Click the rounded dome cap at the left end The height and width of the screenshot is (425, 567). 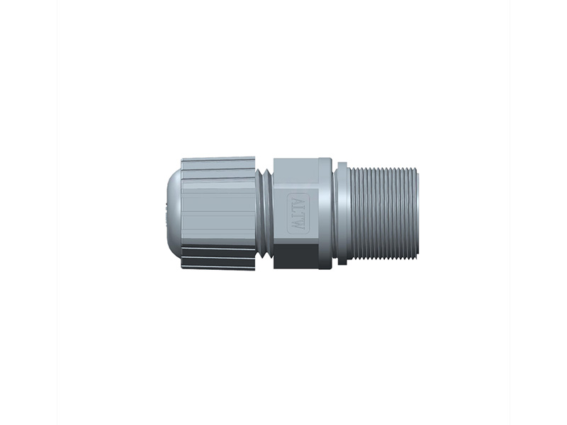[x=173, y=212]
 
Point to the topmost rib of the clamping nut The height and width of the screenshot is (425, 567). [x=218, y=161]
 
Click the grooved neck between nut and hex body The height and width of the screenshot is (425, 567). [x=264, y=212]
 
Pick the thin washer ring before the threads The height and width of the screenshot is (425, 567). [x=342, y=212]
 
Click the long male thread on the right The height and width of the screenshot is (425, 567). [x=383, y=212]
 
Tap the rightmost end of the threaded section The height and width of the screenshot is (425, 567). [x=416, y=212]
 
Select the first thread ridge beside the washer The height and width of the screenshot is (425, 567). [x=351, y=212]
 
